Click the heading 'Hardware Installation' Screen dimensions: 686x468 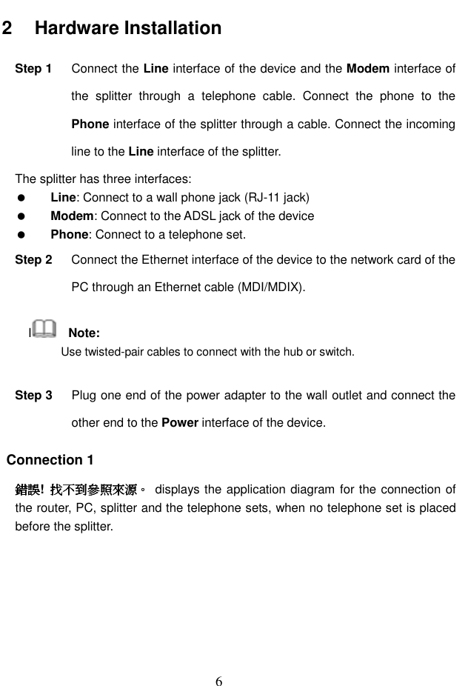(x=127, y=28)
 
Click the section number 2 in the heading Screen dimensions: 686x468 (x=7, y=28)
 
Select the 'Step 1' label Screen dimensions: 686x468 (x=33, y=69)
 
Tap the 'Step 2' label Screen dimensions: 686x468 (x=33, y=260)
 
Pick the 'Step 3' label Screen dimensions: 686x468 (x=33, y=396)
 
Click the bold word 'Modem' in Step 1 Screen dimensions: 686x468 (x=368, y=69)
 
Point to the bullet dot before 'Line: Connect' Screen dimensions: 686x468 (x=22, y=197)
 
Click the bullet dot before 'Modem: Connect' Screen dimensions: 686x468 (x=22, y=216)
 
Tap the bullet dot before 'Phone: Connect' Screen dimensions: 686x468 (x=22, y=236)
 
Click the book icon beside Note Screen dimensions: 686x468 (x=44, y=328)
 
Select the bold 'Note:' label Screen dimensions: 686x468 (x=84, y=332)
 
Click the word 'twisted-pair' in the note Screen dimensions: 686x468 (x=110, y=351)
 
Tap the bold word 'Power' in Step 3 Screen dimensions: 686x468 (x=178, y=424)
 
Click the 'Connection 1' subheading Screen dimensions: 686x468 (x=50, y=460)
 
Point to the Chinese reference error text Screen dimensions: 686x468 (x=81, y=490)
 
